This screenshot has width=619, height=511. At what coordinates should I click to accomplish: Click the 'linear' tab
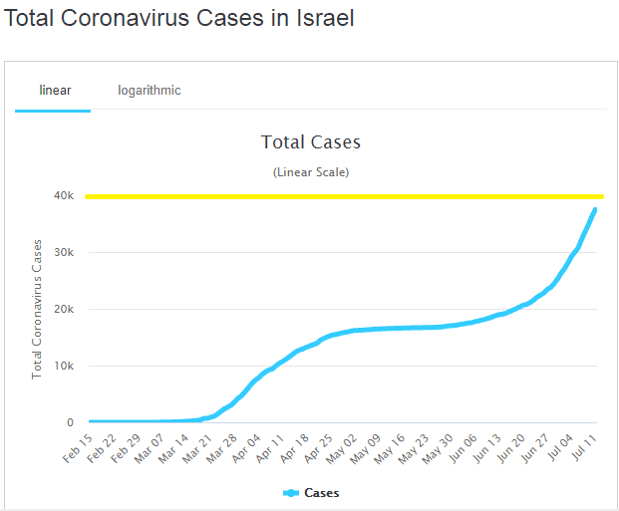[55, 91]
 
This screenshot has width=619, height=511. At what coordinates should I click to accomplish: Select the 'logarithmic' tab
[150, 91]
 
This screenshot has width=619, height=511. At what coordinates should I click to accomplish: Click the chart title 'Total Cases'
[310, 142]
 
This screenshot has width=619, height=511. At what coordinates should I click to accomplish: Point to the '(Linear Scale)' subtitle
[310, 172]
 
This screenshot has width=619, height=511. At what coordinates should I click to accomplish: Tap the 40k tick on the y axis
[64, 196]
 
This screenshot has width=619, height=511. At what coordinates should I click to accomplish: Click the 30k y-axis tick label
[64, 253]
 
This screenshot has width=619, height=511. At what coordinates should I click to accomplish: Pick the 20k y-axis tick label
[64, 310]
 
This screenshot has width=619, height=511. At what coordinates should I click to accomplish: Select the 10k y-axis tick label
[64, 367]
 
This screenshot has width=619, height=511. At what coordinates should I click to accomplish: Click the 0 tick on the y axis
[71, 423]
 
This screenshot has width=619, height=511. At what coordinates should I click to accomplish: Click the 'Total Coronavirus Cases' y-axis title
[37, 309]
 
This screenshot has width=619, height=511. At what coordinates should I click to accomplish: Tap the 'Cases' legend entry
[320, 493]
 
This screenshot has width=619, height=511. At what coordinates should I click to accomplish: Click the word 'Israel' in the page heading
[320, 19]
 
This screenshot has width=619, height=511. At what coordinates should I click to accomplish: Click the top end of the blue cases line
[595, 209]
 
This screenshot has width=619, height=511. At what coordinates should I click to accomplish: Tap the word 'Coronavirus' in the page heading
[132, 19]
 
